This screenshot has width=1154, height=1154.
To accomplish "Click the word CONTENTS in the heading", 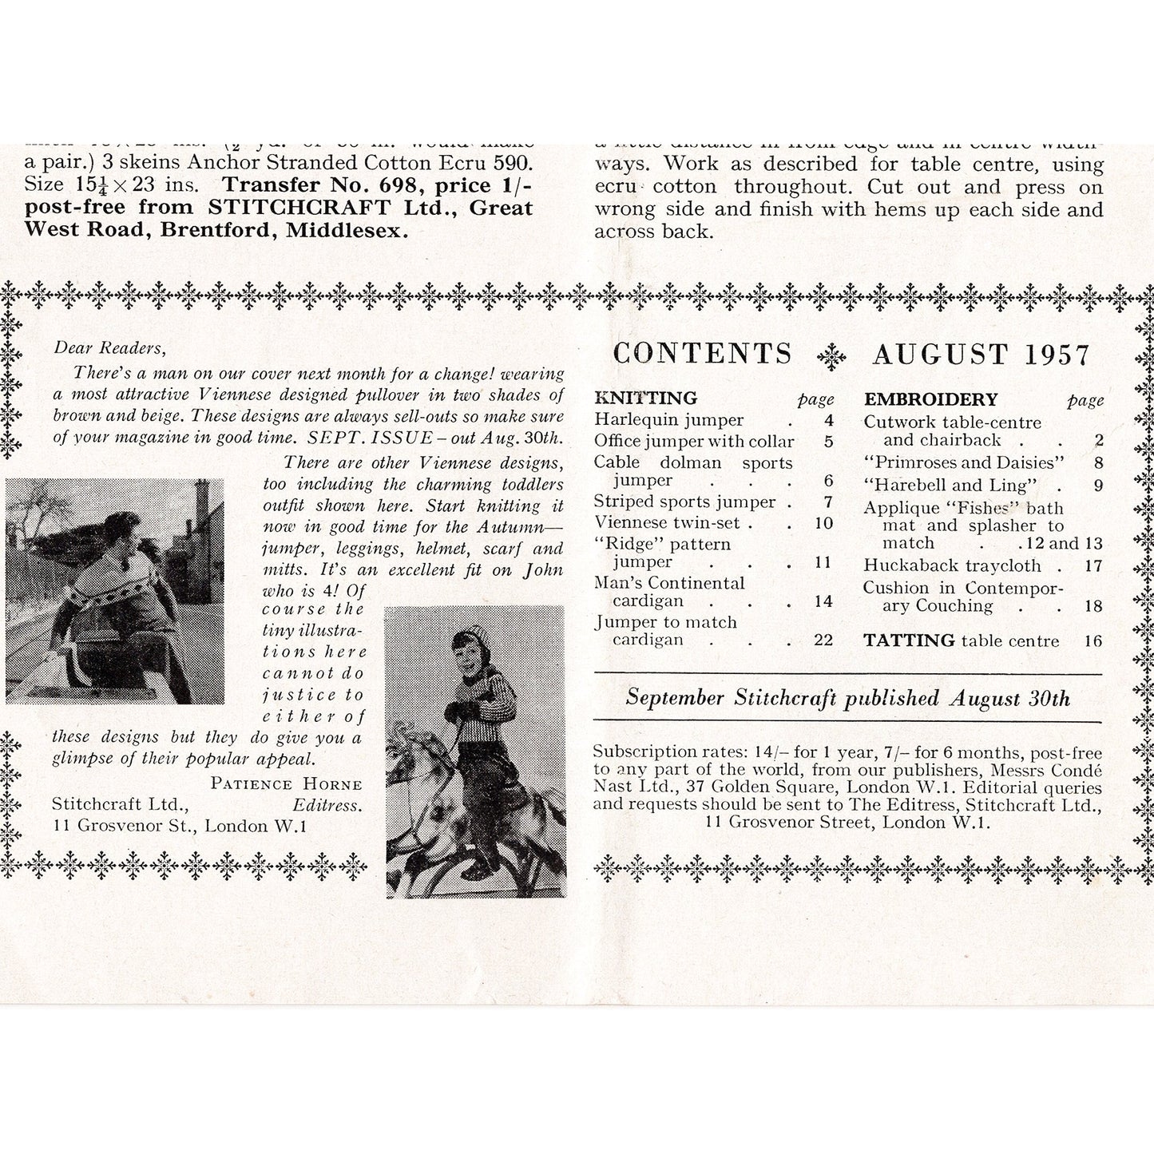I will coord(702,354).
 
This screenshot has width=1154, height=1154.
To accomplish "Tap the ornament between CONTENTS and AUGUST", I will coord(832,355).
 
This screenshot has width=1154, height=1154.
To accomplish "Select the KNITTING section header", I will coord(645,399).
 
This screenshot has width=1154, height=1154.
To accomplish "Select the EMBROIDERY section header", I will coord(930,399).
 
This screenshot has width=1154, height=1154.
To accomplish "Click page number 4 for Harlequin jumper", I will coord(828,420).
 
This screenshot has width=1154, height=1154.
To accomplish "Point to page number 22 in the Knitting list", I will coord(823,640).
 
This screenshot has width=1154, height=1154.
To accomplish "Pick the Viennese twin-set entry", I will coord(667,523).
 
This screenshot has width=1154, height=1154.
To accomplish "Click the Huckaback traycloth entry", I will coord(952,565).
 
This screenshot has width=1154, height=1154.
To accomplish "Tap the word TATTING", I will coord(909,640).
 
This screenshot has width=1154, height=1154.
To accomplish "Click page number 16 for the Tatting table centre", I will coord(1093,640).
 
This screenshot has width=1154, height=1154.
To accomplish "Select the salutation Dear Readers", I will coord(110,347).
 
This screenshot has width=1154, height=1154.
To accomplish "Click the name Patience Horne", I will coord(286,784).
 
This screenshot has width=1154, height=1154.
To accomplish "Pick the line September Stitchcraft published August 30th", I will coord(847,698).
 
